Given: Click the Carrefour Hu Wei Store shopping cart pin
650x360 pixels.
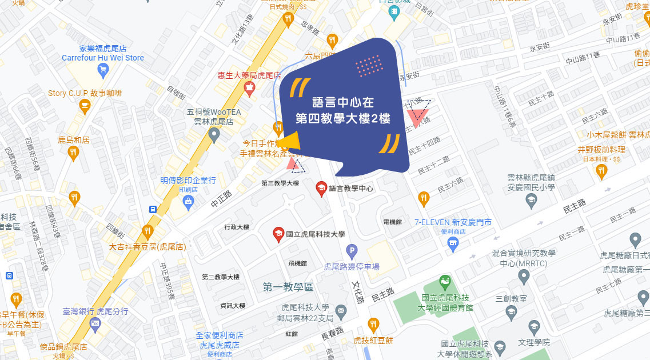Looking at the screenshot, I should (x=103, y=71).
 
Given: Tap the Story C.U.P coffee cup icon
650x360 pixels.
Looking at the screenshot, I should (x=85, y=106).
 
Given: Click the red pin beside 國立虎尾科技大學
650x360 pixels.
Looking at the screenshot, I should (x=278, y=234).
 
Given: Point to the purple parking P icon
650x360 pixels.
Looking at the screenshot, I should (x=352, y=250).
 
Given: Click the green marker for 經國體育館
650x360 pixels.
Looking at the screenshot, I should (x=444, y=282).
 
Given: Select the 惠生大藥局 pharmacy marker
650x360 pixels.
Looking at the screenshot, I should (x=249, y=88).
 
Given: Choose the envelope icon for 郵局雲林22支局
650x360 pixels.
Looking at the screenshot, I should (x=341, y=312).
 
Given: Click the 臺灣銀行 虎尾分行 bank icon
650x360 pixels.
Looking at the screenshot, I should (x=95, y=325).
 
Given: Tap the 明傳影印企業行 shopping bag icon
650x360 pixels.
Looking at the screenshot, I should (x=188, y=201).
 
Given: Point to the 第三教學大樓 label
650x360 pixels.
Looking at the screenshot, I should (x=280, y=183).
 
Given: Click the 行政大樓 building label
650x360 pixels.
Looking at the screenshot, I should (x=237, y=227).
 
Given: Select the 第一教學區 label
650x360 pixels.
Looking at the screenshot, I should (x=288, y=287).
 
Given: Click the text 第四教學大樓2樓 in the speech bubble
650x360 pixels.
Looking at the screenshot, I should (x=343, y=119).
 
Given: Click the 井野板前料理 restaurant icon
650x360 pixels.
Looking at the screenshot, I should (x=600, y=171).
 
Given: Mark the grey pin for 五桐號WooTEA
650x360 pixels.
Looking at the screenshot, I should (x=214, y=136).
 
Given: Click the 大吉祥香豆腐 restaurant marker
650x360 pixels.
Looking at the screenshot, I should (x=147, y=232).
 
